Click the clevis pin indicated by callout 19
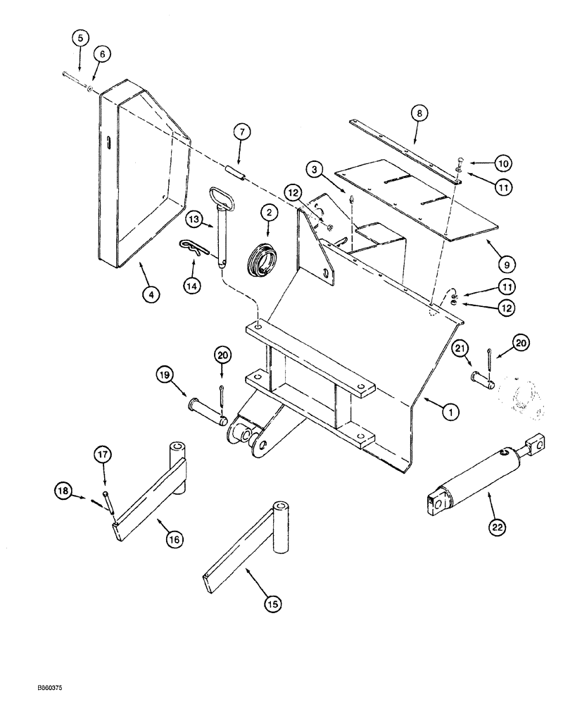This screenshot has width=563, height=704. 207,410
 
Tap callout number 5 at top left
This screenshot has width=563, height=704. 80,35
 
